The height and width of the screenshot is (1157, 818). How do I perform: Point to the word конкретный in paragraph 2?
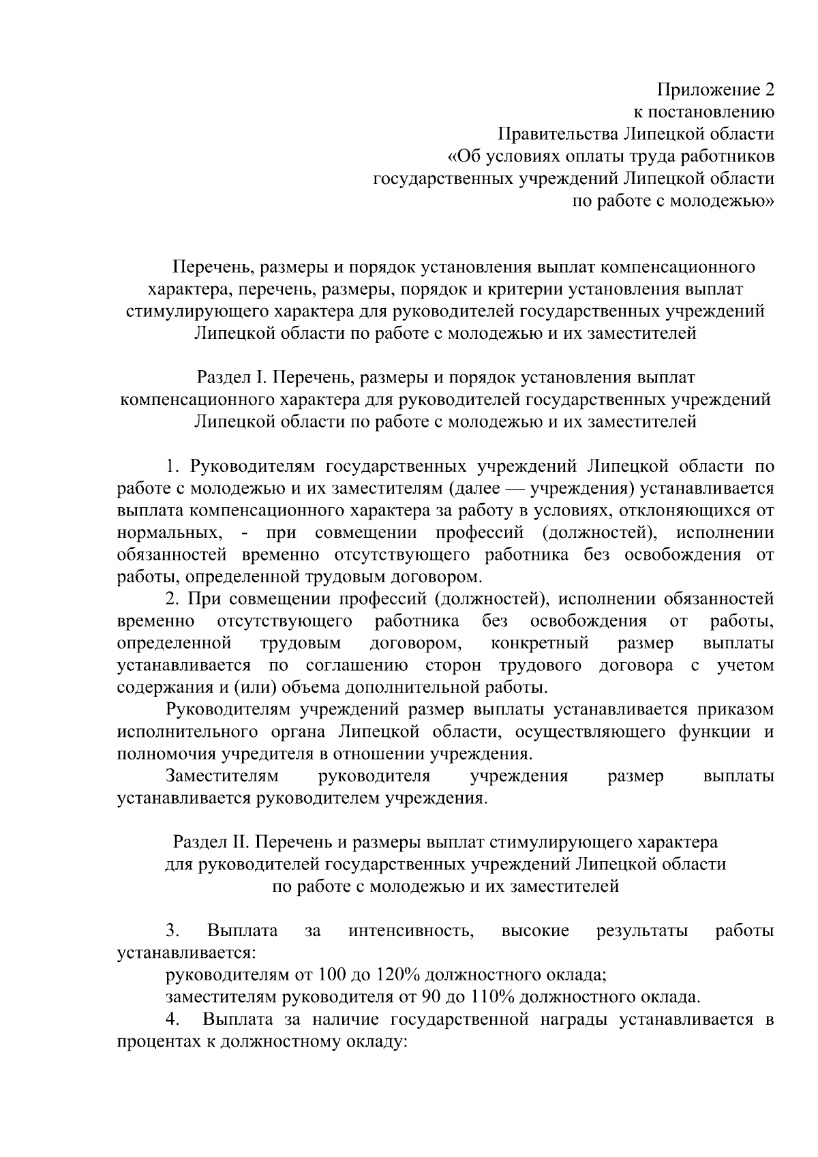pyautogui.click(x=540, y=644)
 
